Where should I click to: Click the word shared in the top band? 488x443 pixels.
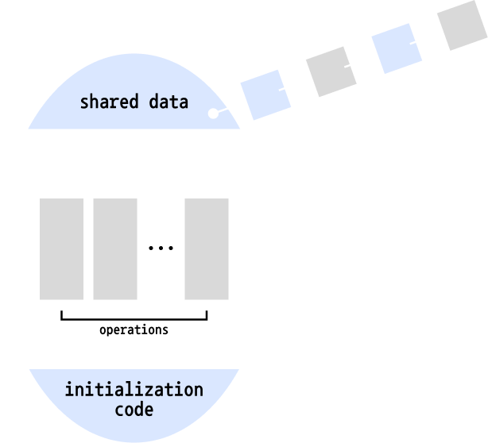point(111,102)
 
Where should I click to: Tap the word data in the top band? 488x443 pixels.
point(168,102)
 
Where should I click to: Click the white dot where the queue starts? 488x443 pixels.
point(213,114)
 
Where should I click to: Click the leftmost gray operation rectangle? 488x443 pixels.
point(61,248)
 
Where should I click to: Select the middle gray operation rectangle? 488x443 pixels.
point(115,248)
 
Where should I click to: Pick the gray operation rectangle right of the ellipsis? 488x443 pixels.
point(207,248)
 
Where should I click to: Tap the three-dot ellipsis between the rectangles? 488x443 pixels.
point(161,248)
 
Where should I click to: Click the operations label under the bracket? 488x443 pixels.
point(134,330)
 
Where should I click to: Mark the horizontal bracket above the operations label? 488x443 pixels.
point(134,318)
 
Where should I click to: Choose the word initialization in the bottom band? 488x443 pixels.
point(134,391)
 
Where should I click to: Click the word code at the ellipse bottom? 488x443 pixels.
point(134,410)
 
